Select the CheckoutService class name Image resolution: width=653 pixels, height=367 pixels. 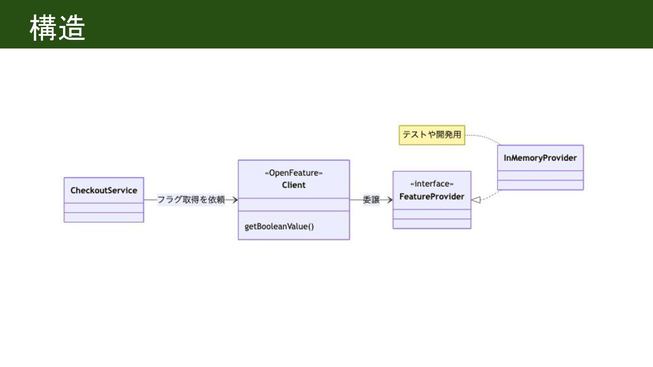[104, 190]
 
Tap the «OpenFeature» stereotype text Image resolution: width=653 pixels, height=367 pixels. [293, 173]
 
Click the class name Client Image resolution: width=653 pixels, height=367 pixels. [293, 185]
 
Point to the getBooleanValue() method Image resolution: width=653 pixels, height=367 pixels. [279, 227]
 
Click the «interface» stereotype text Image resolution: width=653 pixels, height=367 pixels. [432, 184]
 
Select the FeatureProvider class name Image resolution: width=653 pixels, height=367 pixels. [432, 197]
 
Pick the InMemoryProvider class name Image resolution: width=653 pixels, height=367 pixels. [540, 158]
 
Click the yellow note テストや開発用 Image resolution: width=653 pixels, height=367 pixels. [432, 135]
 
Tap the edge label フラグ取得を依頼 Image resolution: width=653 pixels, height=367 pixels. [191, 199]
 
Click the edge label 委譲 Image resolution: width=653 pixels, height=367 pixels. [371, 199]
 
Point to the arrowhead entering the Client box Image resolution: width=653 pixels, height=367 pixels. [235, 200]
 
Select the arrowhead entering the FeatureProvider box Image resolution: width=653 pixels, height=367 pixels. [390, 200]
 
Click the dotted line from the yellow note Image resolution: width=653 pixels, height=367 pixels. [484, 137]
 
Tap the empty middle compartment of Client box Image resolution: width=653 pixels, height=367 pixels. [294, 205]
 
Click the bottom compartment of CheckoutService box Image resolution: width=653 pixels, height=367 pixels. [104, 217]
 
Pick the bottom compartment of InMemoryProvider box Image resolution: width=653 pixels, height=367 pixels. [541, 185]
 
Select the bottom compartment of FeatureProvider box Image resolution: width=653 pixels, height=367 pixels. [432, 224]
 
